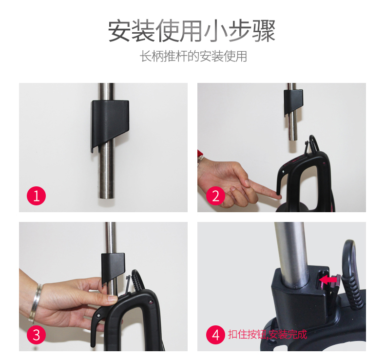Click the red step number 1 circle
coord(37,196)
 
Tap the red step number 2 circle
coord(215,196)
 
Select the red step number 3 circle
coord(37,335)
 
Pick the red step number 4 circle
coord(215,335)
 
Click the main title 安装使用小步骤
coord(192,31)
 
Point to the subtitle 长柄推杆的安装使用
coord(193,56)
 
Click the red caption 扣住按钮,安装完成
coord(268,335)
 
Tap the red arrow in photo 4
coord(328,280)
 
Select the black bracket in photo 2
coord(293,102)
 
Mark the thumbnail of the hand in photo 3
coord(113,299)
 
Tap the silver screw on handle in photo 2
coord(284,172)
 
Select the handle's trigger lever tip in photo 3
coord(93,344)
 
